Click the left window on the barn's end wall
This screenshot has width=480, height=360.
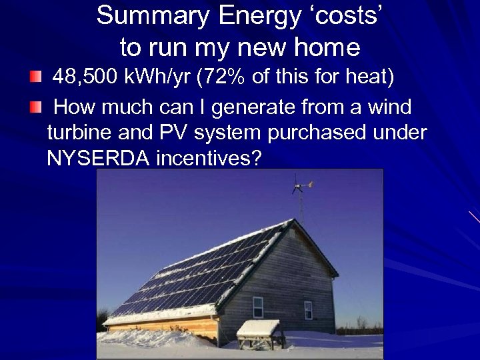pyautogui.click(x=257, y=306)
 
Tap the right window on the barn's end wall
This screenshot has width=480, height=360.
pyautogui.click(x=308, y=309)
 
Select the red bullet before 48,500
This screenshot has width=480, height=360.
pyautogui.click(x=35, y=78)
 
